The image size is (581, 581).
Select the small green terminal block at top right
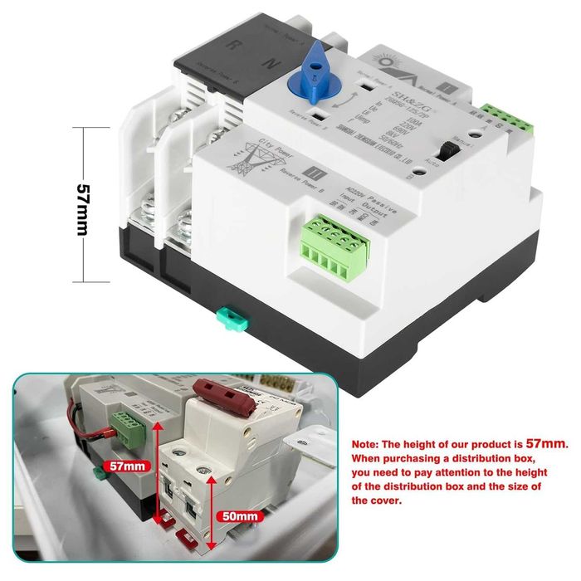(x=508, y=120)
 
